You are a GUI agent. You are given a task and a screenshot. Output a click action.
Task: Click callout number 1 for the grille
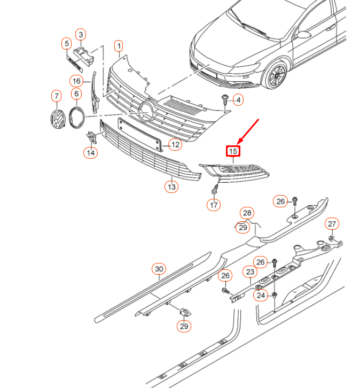click(x=119, y=46)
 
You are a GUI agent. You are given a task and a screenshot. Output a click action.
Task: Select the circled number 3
click(x=81, y=35)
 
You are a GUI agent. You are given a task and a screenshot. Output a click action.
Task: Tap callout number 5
click(x=67, y=43)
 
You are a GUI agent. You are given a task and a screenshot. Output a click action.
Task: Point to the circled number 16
click(x=76, y=81)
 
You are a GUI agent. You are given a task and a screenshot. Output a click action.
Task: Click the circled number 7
click(x=56, y=96)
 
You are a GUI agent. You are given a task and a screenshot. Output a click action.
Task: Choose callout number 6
click(x=76, y=95)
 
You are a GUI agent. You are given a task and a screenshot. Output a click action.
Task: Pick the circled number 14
click(x=90, y=153)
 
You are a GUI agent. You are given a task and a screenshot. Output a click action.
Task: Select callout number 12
click(x=175, y=144)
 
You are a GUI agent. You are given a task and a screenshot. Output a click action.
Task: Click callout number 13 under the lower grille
click(x=171, y=187)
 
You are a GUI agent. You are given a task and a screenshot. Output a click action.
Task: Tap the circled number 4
click(x=238, y=100)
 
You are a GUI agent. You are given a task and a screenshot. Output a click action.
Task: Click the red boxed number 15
click(x=233, y=152)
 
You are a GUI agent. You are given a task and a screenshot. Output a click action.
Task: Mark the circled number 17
click(x=214, y=204)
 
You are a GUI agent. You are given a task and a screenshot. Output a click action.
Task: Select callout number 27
click(x=332, y=223)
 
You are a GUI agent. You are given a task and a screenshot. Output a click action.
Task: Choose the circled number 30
click(x=159, y=269)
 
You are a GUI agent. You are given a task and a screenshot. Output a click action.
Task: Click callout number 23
click(x=250, y=273)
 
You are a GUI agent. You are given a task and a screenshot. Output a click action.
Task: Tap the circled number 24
click(x=260, y=295)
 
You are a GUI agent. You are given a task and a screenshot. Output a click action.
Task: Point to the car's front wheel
click(x=276, y=76)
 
